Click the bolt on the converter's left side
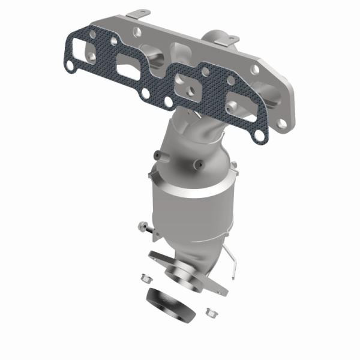click(x=145, y=229)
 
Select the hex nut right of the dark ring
click(x=211, y=312)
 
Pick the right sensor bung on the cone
click(x=196, y=163)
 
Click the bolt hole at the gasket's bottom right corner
click(x=259, y=137)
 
